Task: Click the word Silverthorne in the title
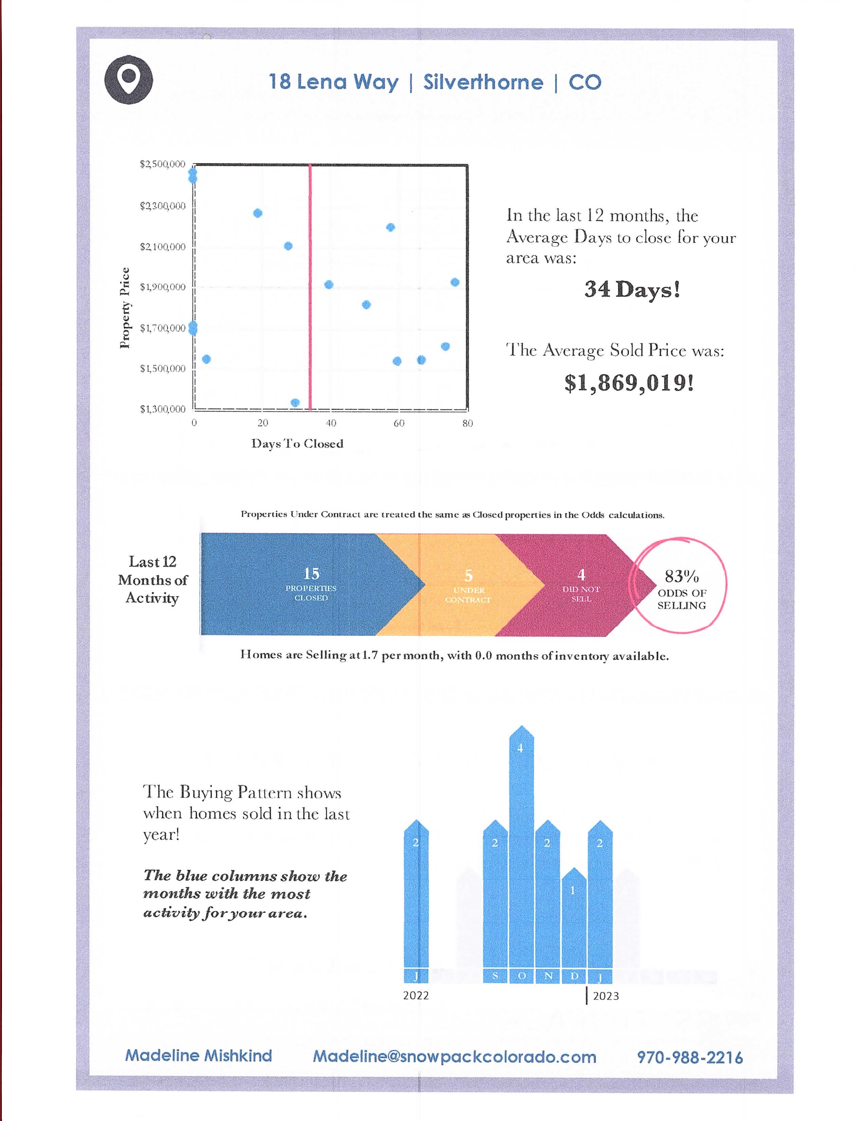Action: click(x=483, y=82)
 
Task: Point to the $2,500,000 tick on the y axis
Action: click(x=163, y=164)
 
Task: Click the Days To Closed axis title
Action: click(x=297, y=443)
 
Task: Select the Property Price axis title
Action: click(x=125, y=308)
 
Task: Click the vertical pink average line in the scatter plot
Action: click(x=310, y=287)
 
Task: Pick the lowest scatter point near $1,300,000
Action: click(x=295, y=403)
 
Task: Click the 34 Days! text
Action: click(x=632, y=289)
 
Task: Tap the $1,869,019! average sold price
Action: click(x=629, y=383)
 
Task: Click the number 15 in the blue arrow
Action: click(x=311, y=573)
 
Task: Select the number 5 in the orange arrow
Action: click(x=468, y=575)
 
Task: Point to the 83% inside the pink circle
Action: click(x=681, y=576)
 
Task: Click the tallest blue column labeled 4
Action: click(x=521, y=847)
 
